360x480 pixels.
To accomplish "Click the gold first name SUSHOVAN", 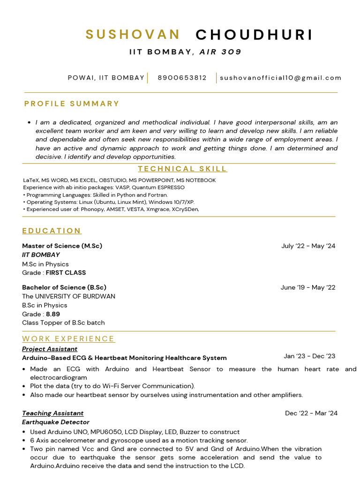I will pyautogui.click(x=133, y=34).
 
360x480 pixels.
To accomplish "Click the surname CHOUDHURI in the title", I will pyautogui.click(x=254, y=34).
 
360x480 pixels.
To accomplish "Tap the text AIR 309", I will pyautogui.click(x=220, y=52).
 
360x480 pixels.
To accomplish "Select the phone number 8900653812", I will pyautogui.click(x=182, y=78).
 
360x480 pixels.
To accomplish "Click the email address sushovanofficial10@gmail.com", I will pyautogui.click(x=281, y=78).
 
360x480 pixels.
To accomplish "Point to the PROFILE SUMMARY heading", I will pyautogui.click(x=72, y=104).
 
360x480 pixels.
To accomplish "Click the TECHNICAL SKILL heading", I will pyautogui.click(x=182, y=169).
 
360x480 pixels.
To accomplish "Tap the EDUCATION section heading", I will pyautogui.click(x=52, y=231).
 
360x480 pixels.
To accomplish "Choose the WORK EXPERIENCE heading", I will pyautogui.click(x=68, y=338).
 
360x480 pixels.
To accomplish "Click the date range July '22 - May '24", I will pyautogui.click(x=308, y=246).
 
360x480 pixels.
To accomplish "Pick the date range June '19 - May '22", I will pyautogui.click(x=307, y=287).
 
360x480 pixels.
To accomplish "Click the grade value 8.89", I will pyautogui.click(x=53, y=314).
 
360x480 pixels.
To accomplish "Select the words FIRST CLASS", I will pyautogui.click(x=66, y=272).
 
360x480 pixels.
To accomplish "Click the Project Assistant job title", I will pyautogui.click(x=50, y=349).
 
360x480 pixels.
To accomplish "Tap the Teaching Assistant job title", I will pyautogui.click(x=52, y=413).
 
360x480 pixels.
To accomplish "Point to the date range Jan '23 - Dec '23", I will pyautogui.click(x=309, y=356).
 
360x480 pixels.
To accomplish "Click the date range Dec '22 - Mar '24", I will pyautogui.click(x=311, y=413).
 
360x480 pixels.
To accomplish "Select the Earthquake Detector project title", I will pyautogui.click(x=55, y=422).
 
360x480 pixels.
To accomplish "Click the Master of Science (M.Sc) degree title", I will pyautogui.click(x=62, y=246).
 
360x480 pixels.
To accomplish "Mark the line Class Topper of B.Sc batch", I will pyautogui.click(x=63, y=322).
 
